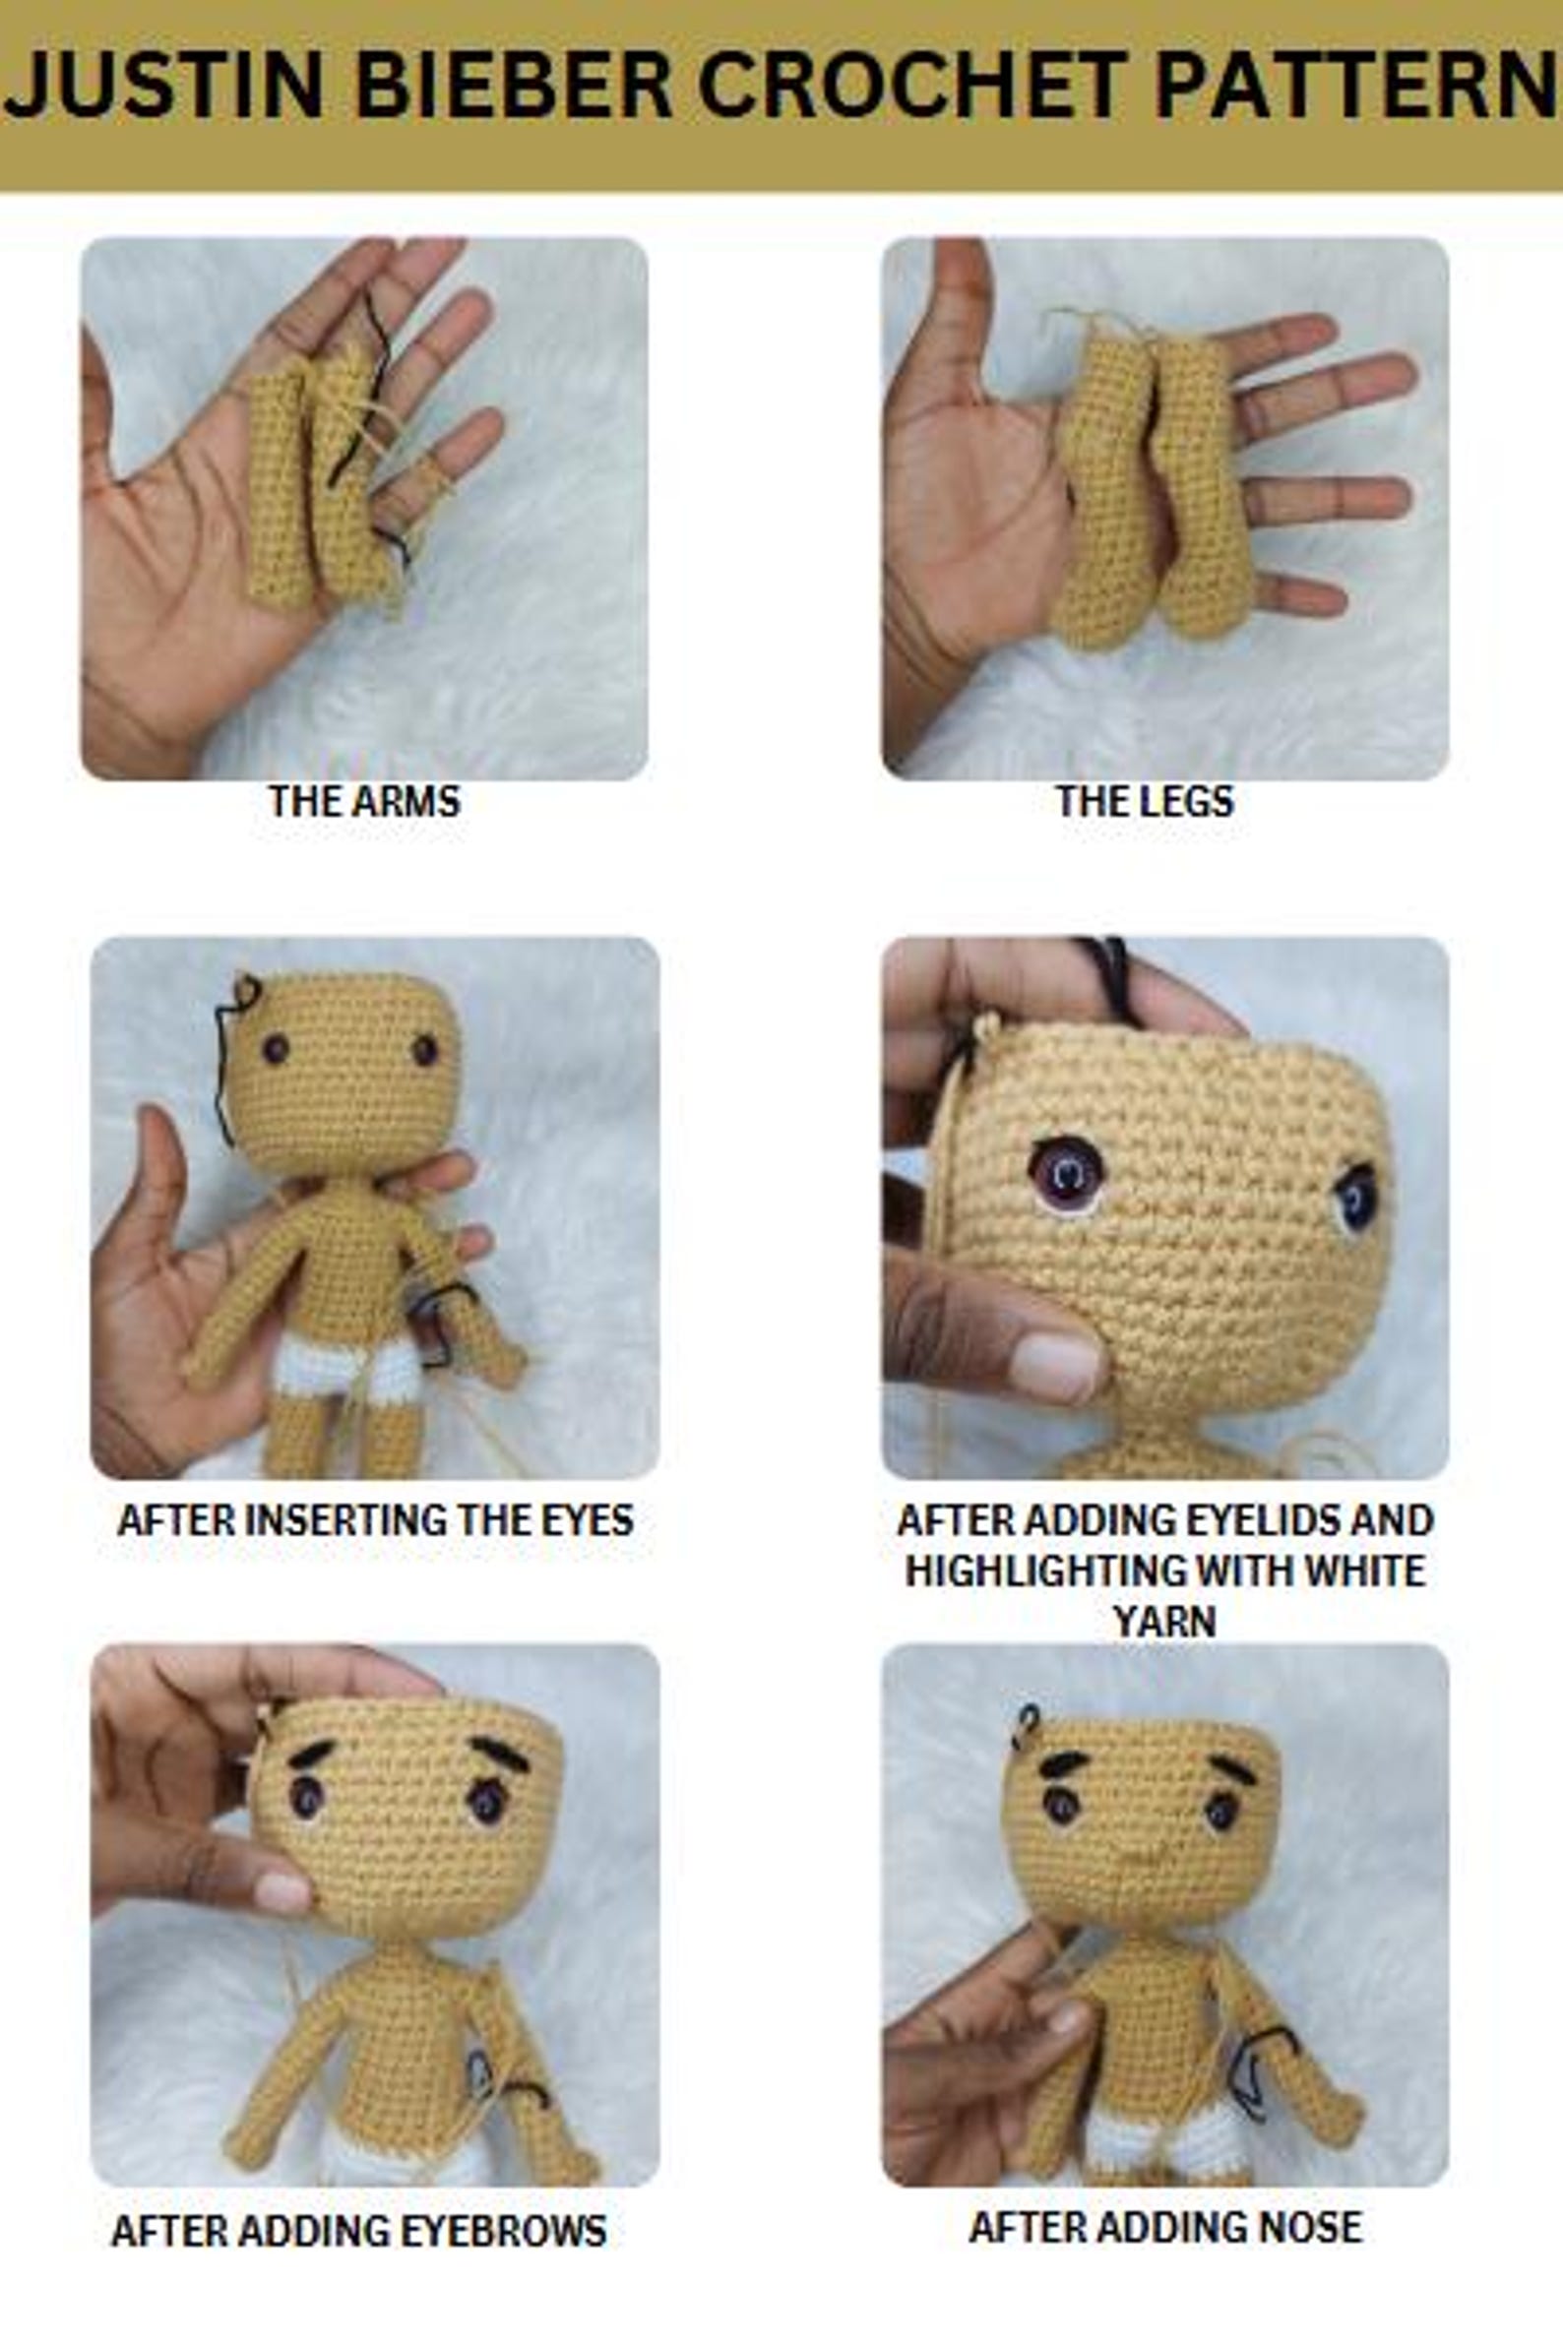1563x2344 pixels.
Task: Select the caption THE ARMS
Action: (x=364, y=801)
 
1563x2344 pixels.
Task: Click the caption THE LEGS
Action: (x=1145, y=801)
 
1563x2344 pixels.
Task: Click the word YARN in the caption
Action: (x=1164, y=1622)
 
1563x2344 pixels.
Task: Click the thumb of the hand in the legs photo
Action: (x=962, y=309)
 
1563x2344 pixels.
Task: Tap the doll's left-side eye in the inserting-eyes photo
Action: (x=277, y=1048)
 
